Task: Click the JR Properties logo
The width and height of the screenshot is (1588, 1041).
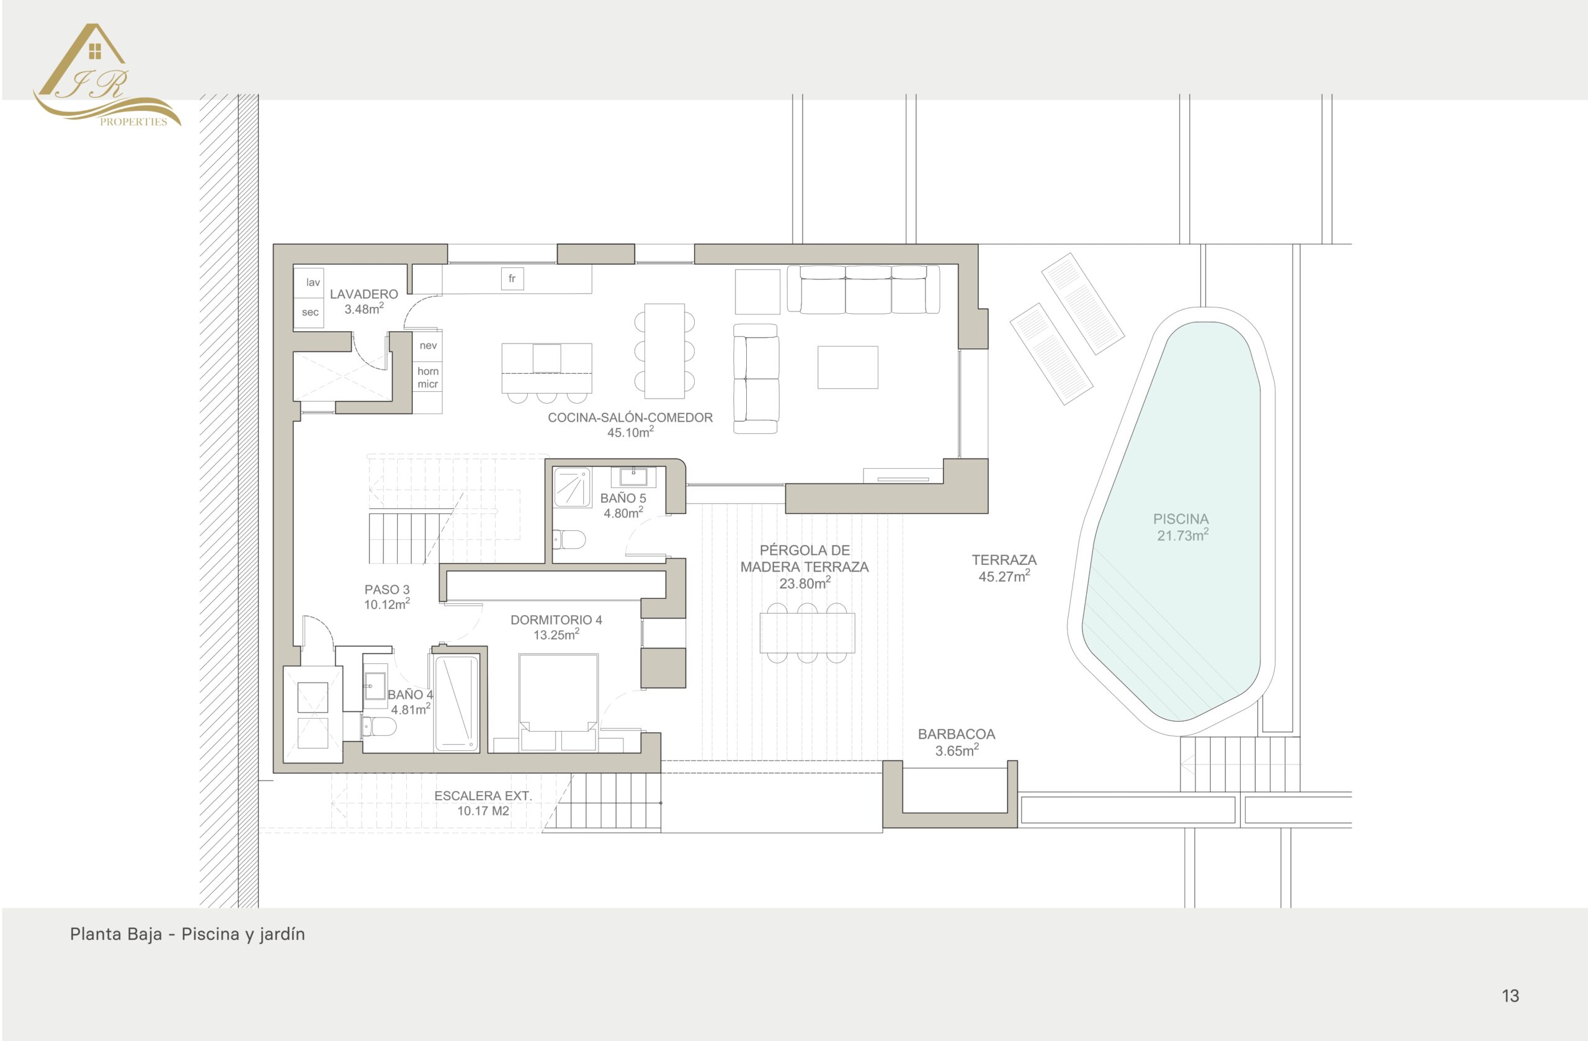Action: [107, 74]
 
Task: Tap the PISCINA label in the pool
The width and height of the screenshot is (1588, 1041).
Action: [1181, 519]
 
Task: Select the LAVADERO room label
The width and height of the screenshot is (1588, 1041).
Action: [364, 294]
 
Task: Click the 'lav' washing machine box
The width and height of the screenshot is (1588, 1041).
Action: [309, 282]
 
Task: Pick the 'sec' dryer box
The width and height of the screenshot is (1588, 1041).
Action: [309, 312]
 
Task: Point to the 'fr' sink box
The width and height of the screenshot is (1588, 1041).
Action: [512, 279]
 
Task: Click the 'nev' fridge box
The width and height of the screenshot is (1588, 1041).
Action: [427, 345]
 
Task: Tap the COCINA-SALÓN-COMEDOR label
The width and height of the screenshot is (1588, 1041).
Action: [630, 417]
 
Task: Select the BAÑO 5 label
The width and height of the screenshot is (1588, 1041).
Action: [623, 498]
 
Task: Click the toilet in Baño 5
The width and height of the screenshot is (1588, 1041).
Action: [569, 539]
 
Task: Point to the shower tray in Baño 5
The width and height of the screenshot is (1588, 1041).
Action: [572, 487]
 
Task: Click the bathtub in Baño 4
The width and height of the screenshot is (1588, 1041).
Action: [457, 703]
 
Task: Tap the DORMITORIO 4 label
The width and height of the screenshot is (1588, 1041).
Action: [556, 620]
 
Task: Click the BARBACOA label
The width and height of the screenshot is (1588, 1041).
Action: [956, 734]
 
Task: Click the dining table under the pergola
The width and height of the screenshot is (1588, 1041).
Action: [808, 633]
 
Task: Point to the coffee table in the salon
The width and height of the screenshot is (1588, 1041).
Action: [847, 367]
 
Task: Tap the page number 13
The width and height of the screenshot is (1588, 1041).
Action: [1510, 996]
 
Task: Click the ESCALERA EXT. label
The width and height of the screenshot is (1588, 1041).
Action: [483, 795]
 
